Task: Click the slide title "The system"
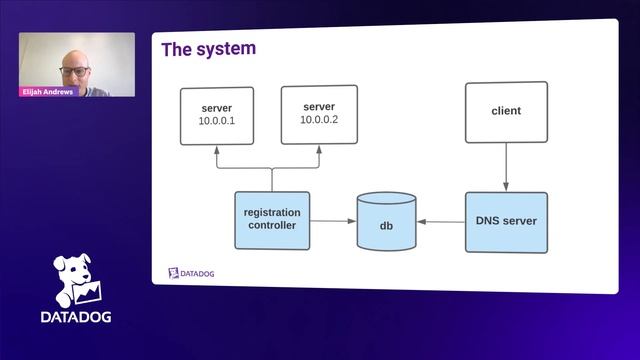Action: [209, 49]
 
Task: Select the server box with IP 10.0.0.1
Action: [217, 116]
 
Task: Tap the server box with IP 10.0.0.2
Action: [319, 115]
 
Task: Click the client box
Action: [506, 112]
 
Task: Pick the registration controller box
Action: [272, 220]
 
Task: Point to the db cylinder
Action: [387, 222]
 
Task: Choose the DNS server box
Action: [506, 222]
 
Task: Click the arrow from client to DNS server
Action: [506, 167]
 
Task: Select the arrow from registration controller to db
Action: [333, 221]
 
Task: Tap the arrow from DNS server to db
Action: [441, 222]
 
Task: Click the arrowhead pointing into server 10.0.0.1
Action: [217, 150]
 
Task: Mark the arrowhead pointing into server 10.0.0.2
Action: [319, 149]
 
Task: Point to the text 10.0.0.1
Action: [217, 121]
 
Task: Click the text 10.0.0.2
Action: [319, 120]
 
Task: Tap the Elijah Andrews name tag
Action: [48, 92]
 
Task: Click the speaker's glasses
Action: [75, 71]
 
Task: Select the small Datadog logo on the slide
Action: [191, 273]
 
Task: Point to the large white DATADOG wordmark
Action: [76, 317]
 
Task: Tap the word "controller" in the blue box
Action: [272, 225]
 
